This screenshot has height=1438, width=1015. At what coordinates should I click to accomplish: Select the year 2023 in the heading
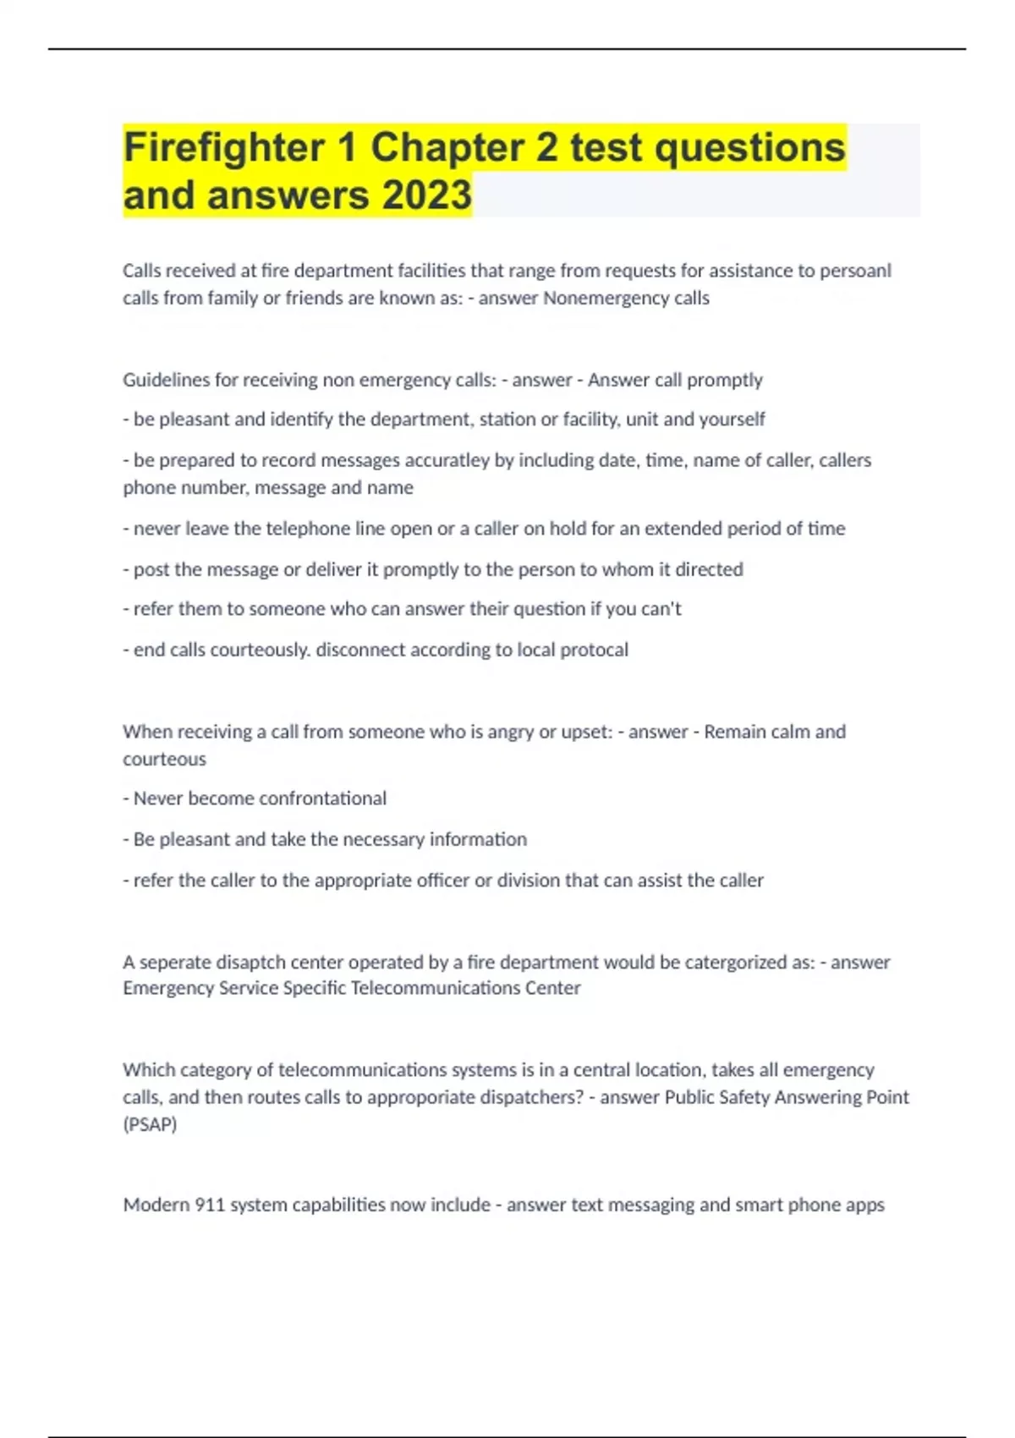[x=426, y=195]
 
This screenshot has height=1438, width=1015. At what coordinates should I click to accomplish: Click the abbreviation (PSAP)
[x=150, y=1124]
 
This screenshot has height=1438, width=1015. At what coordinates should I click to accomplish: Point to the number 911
[x=210, y=1205]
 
